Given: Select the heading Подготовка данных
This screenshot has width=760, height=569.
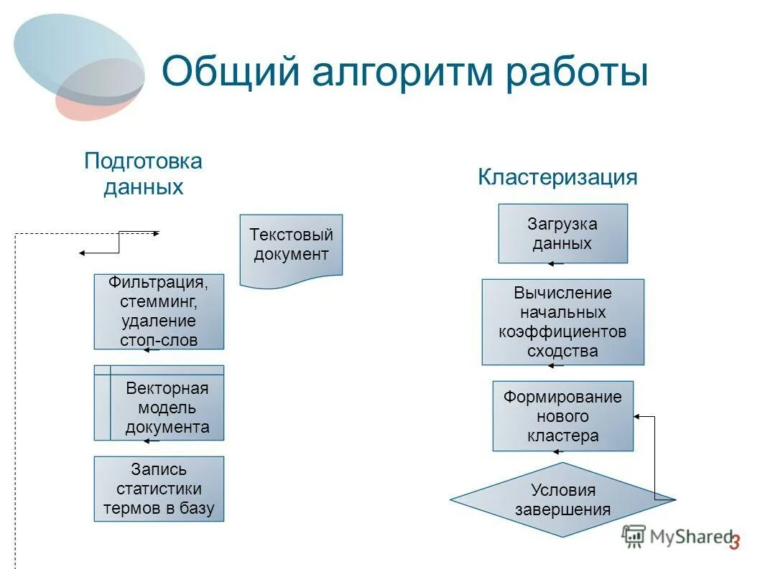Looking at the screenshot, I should coord(143,174).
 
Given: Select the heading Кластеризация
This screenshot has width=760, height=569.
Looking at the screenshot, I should coord(557,177).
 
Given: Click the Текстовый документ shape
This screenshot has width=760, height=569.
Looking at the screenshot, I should coord(291,245).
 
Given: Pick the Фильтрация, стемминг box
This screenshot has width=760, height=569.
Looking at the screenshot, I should coord(159,311).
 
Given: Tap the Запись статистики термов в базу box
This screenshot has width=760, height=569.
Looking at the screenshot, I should coord(159,489).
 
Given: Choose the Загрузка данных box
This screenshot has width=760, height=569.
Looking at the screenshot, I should coord(562,233).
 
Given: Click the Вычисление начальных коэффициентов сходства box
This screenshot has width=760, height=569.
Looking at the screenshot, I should coord(562,322).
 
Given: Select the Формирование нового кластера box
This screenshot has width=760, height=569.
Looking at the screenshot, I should coord(562,416).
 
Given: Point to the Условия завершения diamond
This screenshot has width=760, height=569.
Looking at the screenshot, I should coord(562,499).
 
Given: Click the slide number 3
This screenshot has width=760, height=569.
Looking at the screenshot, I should coord(733,543).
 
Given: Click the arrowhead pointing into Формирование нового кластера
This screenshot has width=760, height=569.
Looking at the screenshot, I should coord(637,416).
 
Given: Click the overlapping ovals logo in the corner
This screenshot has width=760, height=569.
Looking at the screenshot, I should coord(79,66).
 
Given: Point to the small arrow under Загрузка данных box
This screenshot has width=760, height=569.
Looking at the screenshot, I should coord(555,264).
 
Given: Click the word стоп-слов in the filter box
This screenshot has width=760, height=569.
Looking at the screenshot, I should coord(159,340).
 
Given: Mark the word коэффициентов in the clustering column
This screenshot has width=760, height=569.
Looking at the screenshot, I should coord(562,332).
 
